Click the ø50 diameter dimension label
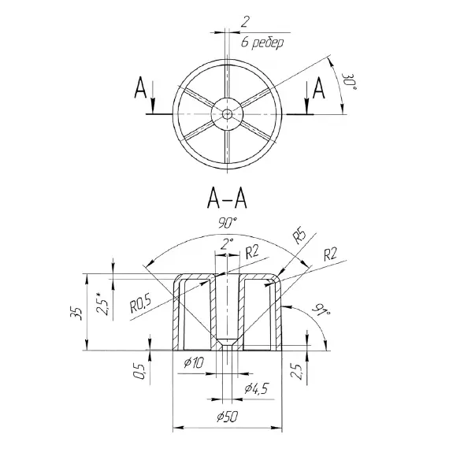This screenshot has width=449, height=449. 227,417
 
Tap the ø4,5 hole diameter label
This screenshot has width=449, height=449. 257,389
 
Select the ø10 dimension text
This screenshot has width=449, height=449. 194,363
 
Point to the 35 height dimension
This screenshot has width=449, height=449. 76,314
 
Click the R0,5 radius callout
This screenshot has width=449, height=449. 140,303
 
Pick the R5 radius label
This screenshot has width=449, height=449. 299,236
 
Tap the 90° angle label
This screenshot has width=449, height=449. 228,223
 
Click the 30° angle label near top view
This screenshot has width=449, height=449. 349,82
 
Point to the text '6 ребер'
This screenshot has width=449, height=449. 262,43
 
